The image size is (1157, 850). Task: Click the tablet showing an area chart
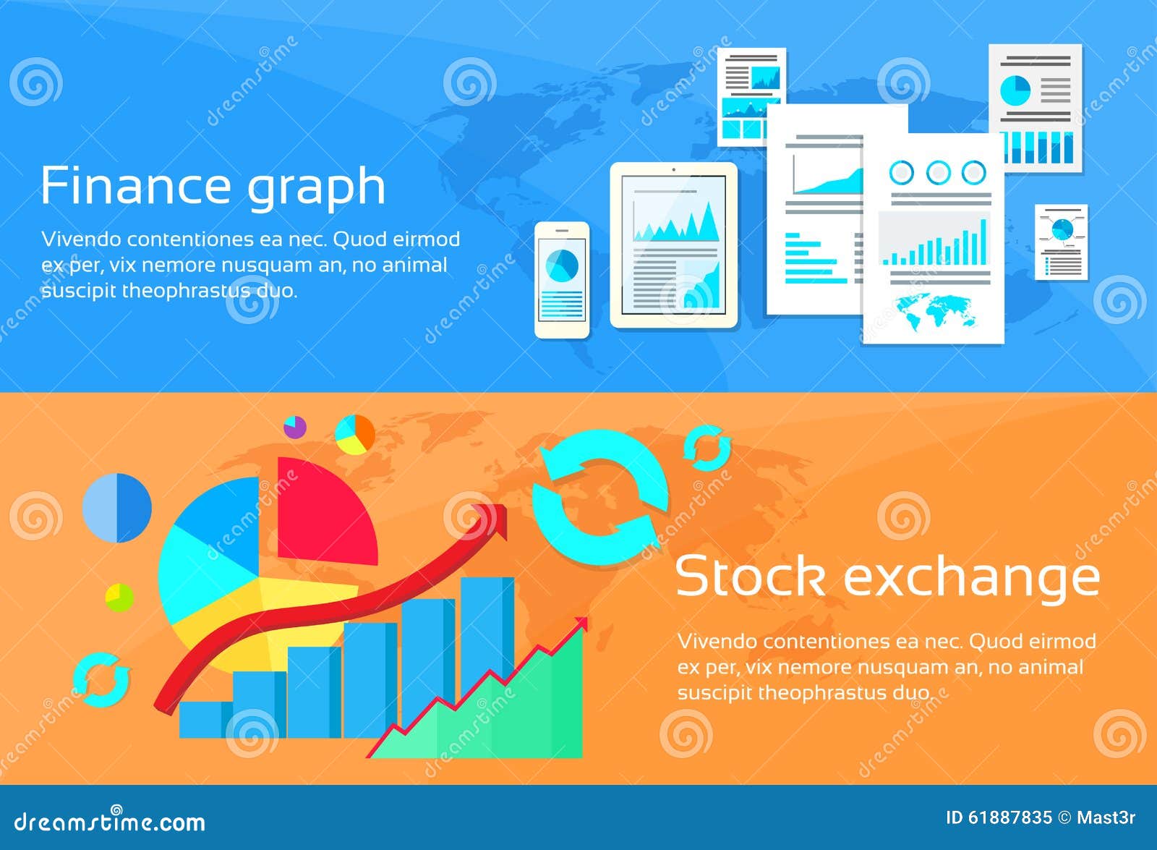point(674,245)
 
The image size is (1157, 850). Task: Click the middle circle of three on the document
point(938,172)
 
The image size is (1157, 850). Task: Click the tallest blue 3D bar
point(486,629)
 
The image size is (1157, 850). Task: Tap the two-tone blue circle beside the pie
point(117,508)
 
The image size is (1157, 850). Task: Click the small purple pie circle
point(295,427)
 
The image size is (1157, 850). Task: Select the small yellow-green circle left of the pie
point(119,598)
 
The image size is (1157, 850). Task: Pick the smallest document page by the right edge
point(1061,242)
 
